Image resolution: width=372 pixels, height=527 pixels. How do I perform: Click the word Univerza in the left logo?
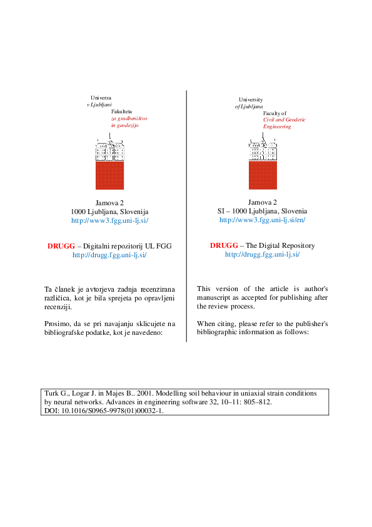[101, 98]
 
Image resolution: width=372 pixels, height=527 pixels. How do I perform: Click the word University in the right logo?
[251, 100]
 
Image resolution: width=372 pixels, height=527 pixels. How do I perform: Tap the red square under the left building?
[109, 175]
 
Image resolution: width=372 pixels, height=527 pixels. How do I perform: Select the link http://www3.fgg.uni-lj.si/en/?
[262, 220]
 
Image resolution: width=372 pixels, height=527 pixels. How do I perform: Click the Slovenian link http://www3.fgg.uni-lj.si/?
[109, 220]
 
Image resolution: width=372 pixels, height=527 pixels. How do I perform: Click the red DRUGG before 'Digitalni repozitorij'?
[61, 246]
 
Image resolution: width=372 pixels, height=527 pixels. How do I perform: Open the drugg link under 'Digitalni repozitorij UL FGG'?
[109, 255]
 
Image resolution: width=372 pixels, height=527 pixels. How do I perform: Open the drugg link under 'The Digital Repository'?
[262, 254]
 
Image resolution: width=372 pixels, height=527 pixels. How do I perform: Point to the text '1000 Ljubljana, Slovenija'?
[109, 212]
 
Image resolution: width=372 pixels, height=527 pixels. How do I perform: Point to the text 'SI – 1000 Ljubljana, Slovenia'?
[262, 212]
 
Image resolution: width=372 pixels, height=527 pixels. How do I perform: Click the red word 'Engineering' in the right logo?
[277, 126]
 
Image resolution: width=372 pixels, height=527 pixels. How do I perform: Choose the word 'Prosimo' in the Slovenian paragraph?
[58, 324]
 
